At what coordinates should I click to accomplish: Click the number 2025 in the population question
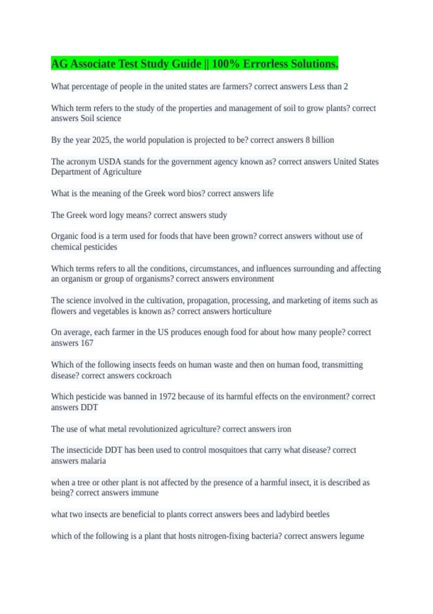(101, 140)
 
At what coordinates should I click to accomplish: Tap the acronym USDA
(109, 162)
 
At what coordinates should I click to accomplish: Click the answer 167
(87, 343)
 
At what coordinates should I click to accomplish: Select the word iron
(284, 429)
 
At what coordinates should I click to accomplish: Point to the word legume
(351, 536)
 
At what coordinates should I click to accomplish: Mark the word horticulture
(252, 311)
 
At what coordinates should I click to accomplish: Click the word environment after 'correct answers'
(252, 279)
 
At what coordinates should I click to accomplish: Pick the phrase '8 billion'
(320, 140)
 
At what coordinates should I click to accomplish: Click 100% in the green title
(226, 64)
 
